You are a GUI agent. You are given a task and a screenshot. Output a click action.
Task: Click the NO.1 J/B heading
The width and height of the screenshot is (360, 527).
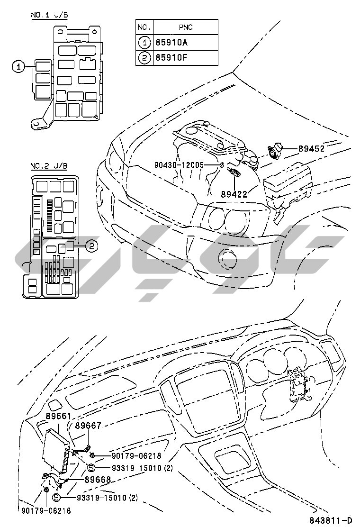[49, 15]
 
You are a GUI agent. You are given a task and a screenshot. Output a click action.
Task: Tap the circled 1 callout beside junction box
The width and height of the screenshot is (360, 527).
[18, 67]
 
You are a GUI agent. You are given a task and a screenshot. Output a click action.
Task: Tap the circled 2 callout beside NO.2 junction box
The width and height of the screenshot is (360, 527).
[92, 245]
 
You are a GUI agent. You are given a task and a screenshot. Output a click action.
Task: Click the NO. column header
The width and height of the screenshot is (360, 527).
[144, 27]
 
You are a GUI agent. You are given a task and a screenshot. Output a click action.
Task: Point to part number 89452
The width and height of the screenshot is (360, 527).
[311, 148]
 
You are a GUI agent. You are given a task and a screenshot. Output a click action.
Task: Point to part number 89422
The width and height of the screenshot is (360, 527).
[234, 194]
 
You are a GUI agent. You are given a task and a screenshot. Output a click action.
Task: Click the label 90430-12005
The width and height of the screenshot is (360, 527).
[179, 165]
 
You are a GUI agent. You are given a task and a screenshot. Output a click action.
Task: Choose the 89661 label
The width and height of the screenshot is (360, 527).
[58, 416]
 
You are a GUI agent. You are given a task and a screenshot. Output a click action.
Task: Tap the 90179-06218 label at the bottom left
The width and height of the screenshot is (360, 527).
[46, 510]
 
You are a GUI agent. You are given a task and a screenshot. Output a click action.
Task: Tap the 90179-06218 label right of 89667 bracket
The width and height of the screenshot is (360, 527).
[136, 456]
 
